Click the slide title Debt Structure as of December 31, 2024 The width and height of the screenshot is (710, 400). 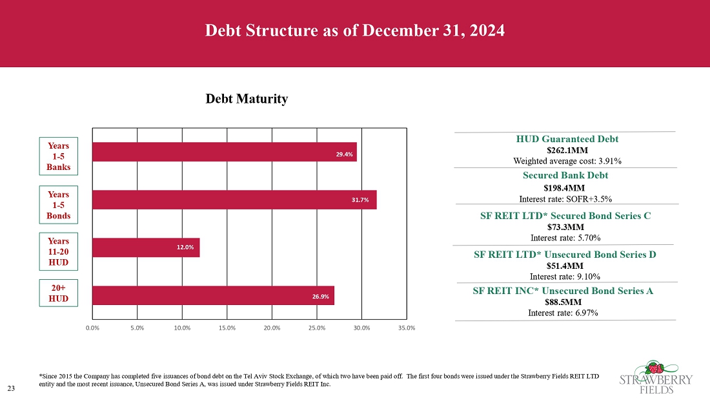[354, 31]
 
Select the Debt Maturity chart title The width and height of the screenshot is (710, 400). [246, 99]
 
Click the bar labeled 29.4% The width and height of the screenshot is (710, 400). [224, 152]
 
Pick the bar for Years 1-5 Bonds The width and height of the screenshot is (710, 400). [234, 200]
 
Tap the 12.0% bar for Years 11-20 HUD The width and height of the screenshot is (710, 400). [146, 247]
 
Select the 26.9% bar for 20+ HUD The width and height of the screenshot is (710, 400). [213, 295]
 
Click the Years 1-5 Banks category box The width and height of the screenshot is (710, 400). [58, 156]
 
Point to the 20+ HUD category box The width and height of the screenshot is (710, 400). [58, 293]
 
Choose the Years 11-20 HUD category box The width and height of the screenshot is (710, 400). [58, 251]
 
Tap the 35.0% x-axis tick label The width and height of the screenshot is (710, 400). [407, 328]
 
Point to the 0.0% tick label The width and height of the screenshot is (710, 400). [92, 328]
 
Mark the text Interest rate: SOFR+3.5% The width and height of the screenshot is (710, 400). [565, 198]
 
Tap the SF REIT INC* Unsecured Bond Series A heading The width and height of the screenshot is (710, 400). [563, 291]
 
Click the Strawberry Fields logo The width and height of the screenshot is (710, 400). [656, 376]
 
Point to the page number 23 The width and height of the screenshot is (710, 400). [11, 388]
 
